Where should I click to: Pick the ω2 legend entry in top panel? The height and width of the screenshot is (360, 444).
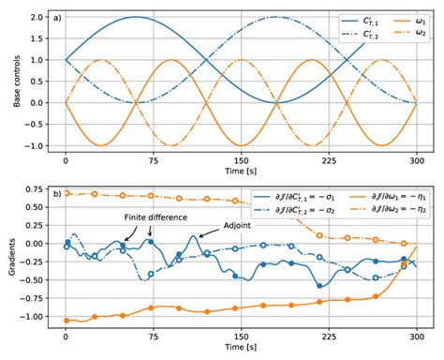pos(398,34)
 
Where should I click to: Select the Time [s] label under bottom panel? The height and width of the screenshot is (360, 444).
pos(242,351)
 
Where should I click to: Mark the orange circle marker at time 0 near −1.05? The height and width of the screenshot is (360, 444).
pos(66,321)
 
